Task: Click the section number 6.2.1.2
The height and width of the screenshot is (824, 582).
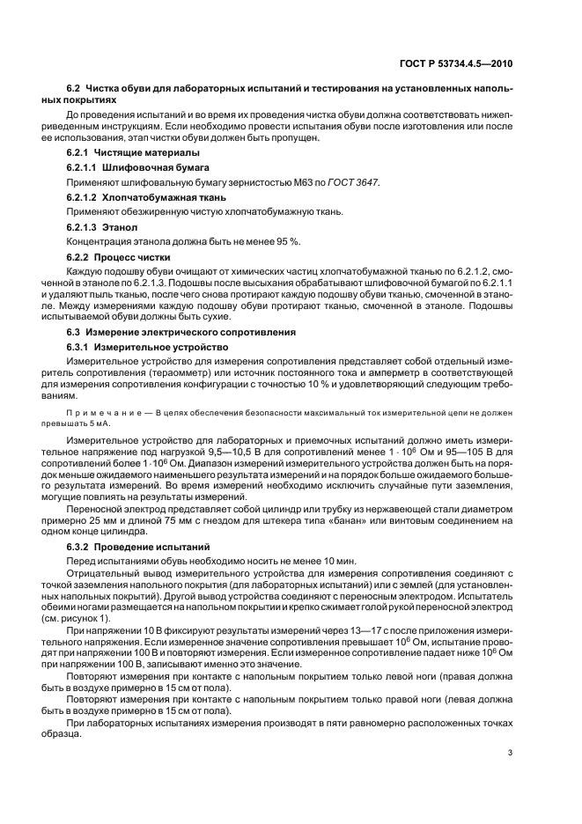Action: click(84, 197)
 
